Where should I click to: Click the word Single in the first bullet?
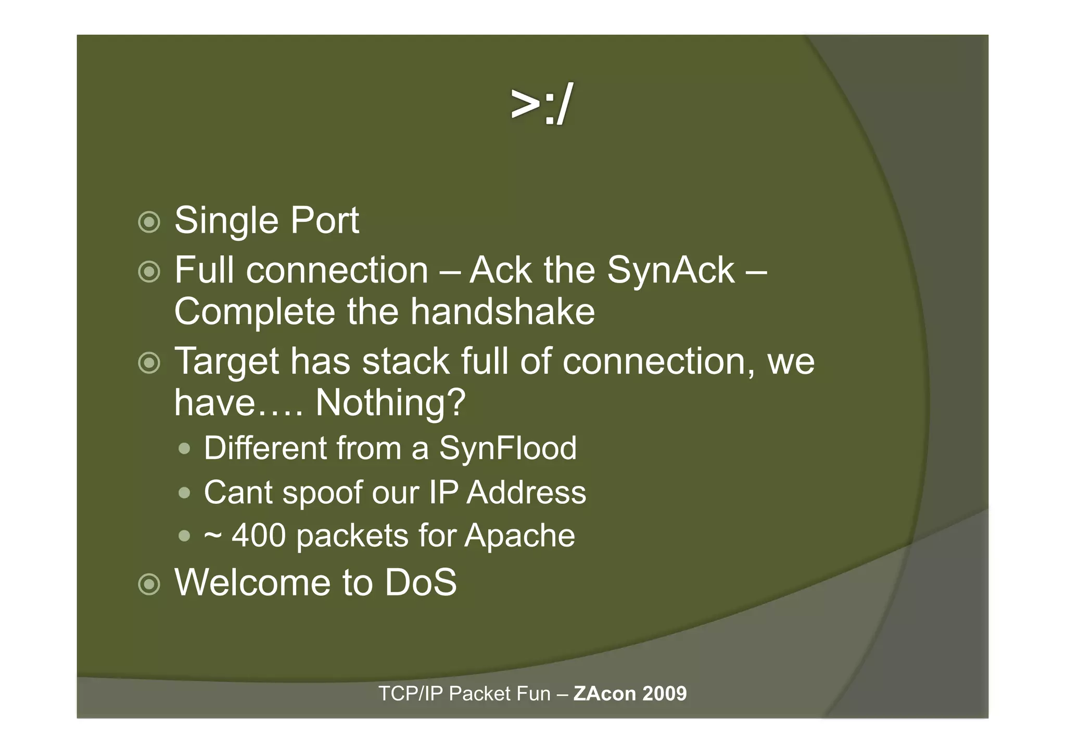click(x=226, y=221)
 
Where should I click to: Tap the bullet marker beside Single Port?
click(x=149, y=222)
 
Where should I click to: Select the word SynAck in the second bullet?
click(x=670, y=271)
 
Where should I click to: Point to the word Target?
click(x=226, y=362)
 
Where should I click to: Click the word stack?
click(x=405, y=361)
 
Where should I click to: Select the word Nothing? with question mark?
click(x=390, y=403)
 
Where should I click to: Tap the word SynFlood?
click(x=507, y=448)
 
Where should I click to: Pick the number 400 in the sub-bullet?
click(x=259, y=535)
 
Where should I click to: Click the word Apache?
click(x=519, y=535)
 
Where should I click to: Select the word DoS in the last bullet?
click(x=421, y=582)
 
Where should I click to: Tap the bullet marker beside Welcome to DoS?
click(x=149, y=584)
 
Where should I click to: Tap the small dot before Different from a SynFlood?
click(x=184, y=448)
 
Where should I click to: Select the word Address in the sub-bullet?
click(x=526, y=492)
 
